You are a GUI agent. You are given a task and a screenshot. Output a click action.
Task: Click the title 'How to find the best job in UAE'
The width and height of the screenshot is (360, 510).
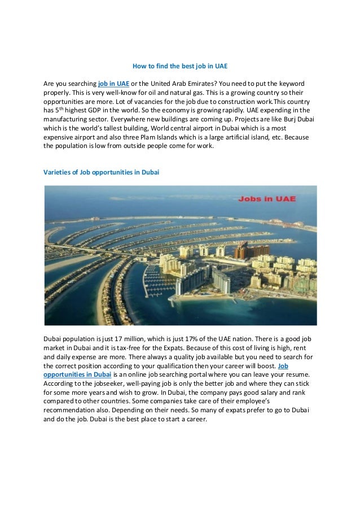click(179, 66)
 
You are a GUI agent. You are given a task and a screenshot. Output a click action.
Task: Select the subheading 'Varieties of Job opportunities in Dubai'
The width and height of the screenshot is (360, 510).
click(101, 172)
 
